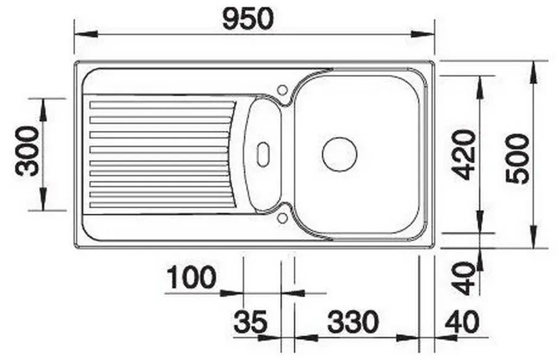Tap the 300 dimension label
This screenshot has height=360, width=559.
pyautogui.click(x=27, y=152)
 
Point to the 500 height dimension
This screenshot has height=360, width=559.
pyautogui.click(x=518, y=159)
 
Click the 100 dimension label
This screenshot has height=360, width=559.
pyautogui.click(x=191, y=277)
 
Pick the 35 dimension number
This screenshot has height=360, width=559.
pyautogui.click(x=250, y=322)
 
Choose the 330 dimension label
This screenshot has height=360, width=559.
pyautogui.click(x=353, y=322)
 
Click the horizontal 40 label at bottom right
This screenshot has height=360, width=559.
pyautogui.click(x=462, y=322)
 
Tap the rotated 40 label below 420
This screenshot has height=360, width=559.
pyautogui.click(x=464, y=279)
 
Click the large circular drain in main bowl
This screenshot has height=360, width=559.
pyautogui.click(x=339, y=155)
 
